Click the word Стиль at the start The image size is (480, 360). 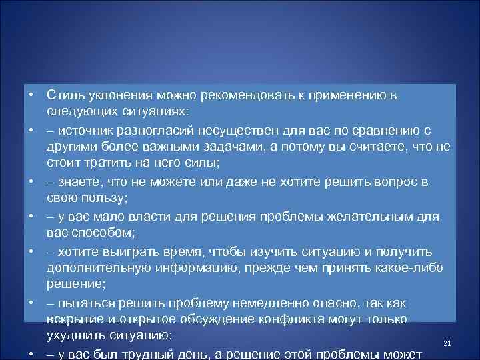pyautogui.click(x=64, y=95)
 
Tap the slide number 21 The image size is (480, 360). pyautogui.click(x=447, y=343)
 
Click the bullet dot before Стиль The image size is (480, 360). pyautogui.click(x=30, y=95)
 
